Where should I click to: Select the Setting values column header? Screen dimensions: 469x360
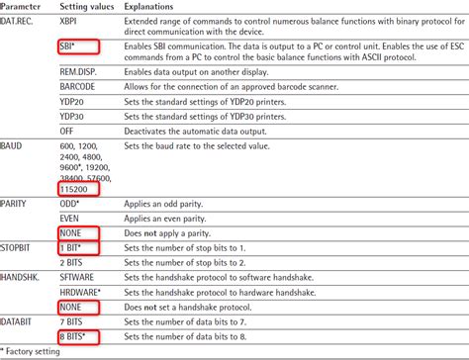88,5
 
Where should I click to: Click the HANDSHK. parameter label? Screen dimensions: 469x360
22,277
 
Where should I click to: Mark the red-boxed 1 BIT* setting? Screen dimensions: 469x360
75,245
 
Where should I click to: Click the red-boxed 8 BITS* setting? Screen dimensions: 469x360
78,338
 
